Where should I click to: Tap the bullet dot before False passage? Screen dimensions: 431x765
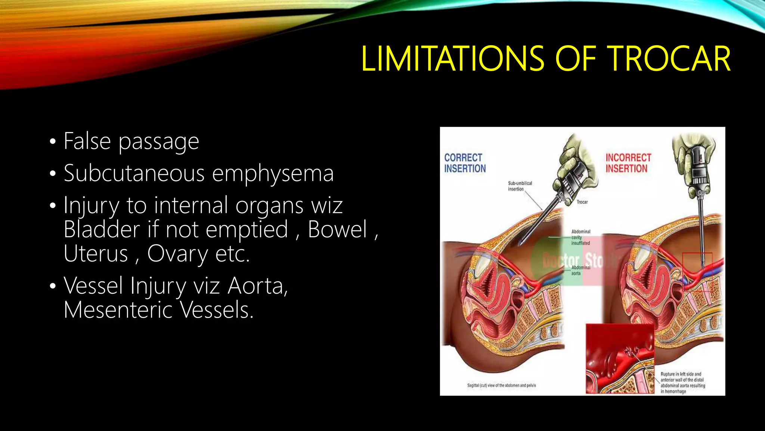click(x=53, y=142)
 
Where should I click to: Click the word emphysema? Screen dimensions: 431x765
click(x=273, y=174)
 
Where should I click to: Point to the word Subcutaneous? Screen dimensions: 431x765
click(x=134, y=174)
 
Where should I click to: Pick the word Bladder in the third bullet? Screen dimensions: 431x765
click(x=101, y=229)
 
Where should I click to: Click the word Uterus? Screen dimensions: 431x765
click(x=96, y=254)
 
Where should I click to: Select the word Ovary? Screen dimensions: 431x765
click(x=177, y=254)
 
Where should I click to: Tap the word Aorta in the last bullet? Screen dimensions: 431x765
click(x=257, y=286)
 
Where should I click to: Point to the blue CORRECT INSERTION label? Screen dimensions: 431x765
click(x=465, y=163)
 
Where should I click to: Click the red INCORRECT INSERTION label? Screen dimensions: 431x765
click(x=628, y=163)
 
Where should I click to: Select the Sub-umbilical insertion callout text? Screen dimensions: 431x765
click(x=520, y=186)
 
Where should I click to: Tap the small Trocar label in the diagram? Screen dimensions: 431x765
click(x=582, y=202)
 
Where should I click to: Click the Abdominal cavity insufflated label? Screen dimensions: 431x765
click(x=580, y=237)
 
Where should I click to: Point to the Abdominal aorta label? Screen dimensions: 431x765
click(x=580, y=270)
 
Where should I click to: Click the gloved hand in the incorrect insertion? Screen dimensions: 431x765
click(x=693, y=153)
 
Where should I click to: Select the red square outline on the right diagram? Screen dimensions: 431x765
click(x=697, y=272)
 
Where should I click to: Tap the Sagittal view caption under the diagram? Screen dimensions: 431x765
click(x=501, y=385)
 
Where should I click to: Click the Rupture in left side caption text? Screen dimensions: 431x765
click(x=682, y=382)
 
